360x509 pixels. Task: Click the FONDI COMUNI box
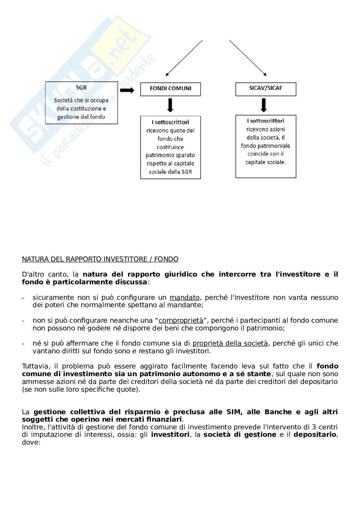click(x=170, y=89)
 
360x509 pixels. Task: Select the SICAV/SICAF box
click(x=265, y=88)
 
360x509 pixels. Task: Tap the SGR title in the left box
click(x=81, y=87)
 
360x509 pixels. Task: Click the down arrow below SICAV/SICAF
click(x=264, y=105)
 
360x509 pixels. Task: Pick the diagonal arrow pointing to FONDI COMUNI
click(x=184, y=58)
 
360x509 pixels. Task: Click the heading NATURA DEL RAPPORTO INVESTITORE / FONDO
click(x=100, y=259)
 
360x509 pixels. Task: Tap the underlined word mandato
click(x=185, y=297)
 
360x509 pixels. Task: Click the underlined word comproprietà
click(x=181, y=320)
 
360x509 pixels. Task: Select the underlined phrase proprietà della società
click(x=230, y=343)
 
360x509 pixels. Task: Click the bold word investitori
click(x=170, y=435)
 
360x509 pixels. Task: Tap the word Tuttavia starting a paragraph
click(x=35, y=366)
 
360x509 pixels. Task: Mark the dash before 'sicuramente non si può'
click(x=23, y=298)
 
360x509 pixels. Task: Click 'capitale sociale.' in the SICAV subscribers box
click(x=265, y=162)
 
